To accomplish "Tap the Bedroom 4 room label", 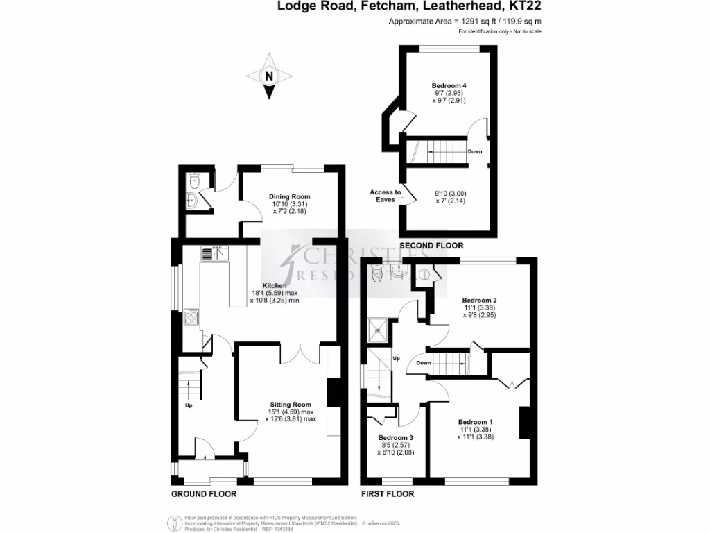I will coord(449,86).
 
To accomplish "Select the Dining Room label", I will coord(289,196).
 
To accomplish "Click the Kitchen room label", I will coord(275,285).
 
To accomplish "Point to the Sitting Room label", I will coord(291,404).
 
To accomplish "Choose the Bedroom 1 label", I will coord(475,421).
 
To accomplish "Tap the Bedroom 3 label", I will coord(395,437).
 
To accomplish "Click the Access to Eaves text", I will coord(386,196).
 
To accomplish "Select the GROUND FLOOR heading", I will coord(204,494).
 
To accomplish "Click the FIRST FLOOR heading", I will coord(388,494).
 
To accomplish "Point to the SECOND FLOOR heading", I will coord(431,246).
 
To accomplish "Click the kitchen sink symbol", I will coord(216,254).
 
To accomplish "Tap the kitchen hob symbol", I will coord(191,319).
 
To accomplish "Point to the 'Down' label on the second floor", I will coord(475,151).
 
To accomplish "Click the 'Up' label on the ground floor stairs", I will coord(188,405).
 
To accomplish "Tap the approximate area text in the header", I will coord(465,22).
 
